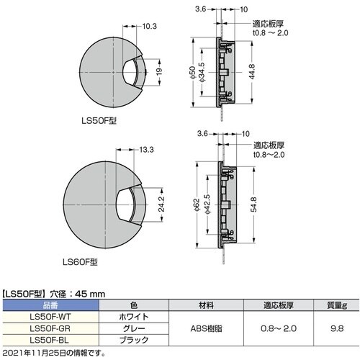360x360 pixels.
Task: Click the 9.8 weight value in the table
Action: [x=336, y=328]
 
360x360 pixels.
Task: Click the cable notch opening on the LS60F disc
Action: [x=129, y=206]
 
